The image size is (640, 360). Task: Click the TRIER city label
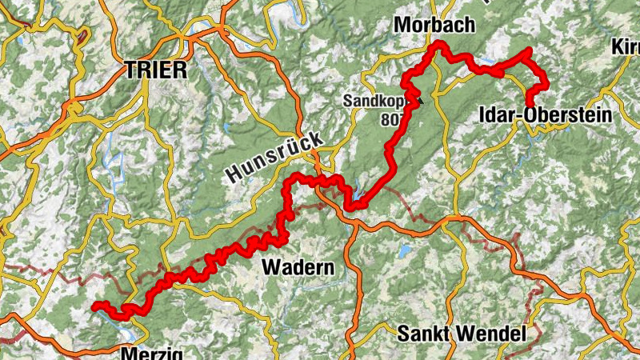click(x=156, y=70)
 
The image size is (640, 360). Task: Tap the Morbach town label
click(x=434, y=26)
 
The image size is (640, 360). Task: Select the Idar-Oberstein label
click(x=544, y=116)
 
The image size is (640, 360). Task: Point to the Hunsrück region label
click(x=274, y=156)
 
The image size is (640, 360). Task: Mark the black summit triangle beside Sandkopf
click(x=415, y=99)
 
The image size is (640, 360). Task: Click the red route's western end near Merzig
click(x=94, y=305)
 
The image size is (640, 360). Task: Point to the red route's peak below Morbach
click(x=437, y=48)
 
